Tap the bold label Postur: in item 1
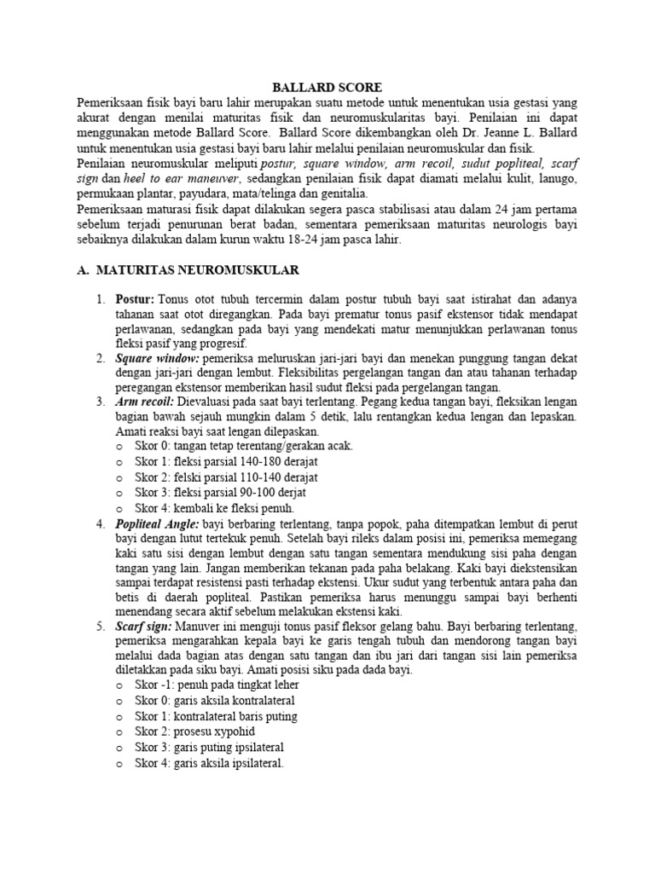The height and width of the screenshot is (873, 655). click(136, 300)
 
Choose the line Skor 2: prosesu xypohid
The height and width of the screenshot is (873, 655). click(194, 731)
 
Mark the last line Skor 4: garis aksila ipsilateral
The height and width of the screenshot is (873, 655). click(209, 763)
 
